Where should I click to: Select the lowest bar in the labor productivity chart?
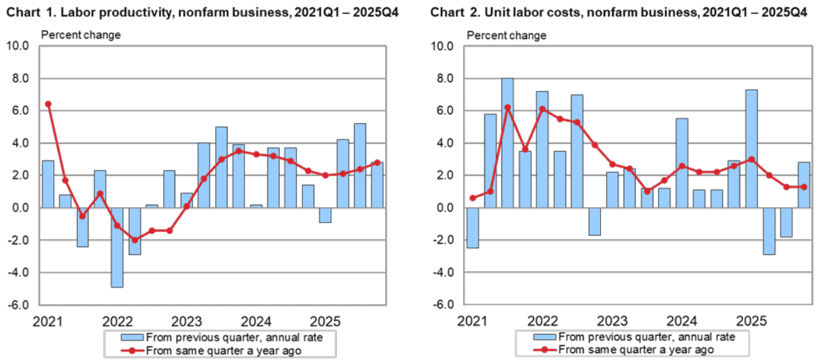(x=118, y=247)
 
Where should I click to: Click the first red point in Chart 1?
(x=49, y=104)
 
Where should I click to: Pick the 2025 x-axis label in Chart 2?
(x=751, y=318)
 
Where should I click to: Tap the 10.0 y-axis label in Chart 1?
(x=22, y=47)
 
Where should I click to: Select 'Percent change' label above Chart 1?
(x=81, y=35)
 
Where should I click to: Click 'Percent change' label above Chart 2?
(x=507, y=35)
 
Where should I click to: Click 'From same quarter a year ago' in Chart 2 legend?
(x=635, y=349)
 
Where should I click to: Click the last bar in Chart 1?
(x=377, y=185)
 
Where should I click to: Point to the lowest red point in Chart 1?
(x=135, y=240)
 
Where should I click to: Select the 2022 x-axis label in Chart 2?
(x=544, y=318)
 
